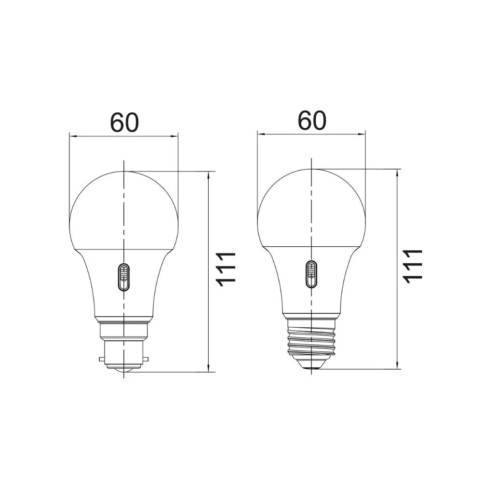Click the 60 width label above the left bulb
pos(124,122)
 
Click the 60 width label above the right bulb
pos(312,120)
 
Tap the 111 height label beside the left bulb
pos(226,269)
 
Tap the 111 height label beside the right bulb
pos(414,266)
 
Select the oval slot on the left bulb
pos(123,277)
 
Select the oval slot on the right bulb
pos(311,274)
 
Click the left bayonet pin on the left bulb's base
pos(102,359)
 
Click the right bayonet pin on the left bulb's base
pos(146,359)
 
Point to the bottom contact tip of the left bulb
pos(123,370)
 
